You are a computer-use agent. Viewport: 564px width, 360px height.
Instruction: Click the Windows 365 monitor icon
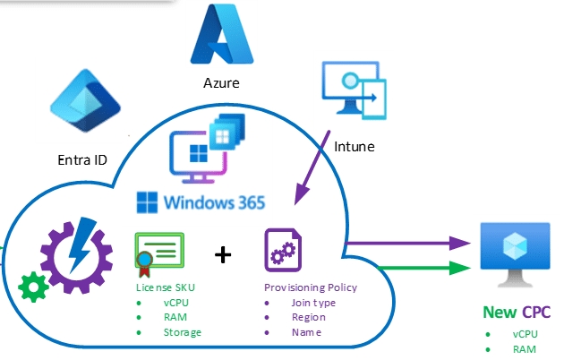point(201,148)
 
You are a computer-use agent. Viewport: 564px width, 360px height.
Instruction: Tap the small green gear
point(34,288)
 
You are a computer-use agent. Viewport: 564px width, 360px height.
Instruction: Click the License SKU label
point(167,287)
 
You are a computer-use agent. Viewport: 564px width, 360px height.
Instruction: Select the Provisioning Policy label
point(310,287)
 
